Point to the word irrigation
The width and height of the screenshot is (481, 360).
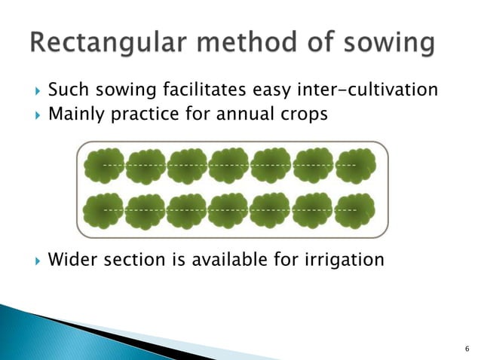pos(344,260)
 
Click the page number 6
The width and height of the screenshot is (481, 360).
pos(467,349)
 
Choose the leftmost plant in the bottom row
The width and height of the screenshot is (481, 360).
pos(103,212)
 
